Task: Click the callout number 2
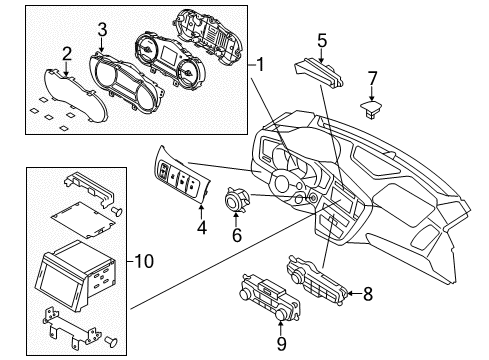point(66,53)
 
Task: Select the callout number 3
point(102,30)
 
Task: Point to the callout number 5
point(322,40)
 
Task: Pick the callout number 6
point(236,236)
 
